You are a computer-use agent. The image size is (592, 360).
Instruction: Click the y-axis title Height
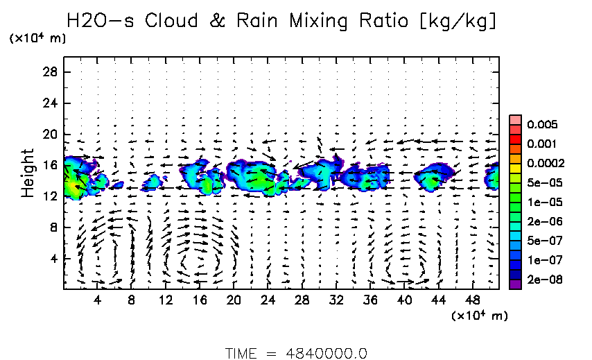tap(27, 173)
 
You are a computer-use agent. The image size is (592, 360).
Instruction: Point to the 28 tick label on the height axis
tap(50, 72)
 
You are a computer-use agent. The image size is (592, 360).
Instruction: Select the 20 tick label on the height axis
tap(50, 134)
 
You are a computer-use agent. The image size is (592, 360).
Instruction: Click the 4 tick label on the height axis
tap(53, 259)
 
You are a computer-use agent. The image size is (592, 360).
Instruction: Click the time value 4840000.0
tap(327, 352)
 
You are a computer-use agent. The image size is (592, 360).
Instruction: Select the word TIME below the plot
tap(243, 352)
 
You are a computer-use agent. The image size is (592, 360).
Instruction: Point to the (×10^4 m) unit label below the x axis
tap(480, 316)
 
